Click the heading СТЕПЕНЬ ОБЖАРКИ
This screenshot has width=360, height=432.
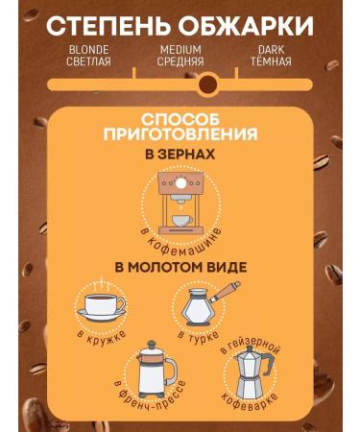pos(180,23)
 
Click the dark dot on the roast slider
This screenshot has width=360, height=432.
pos(207,85)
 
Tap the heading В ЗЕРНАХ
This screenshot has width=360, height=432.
pos(180,155)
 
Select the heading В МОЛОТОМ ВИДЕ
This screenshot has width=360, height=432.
pos(180,266)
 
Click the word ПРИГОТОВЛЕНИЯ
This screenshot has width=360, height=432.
pos(180,134)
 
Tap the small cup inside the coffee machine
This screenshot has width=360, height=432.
pos(180,219)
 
